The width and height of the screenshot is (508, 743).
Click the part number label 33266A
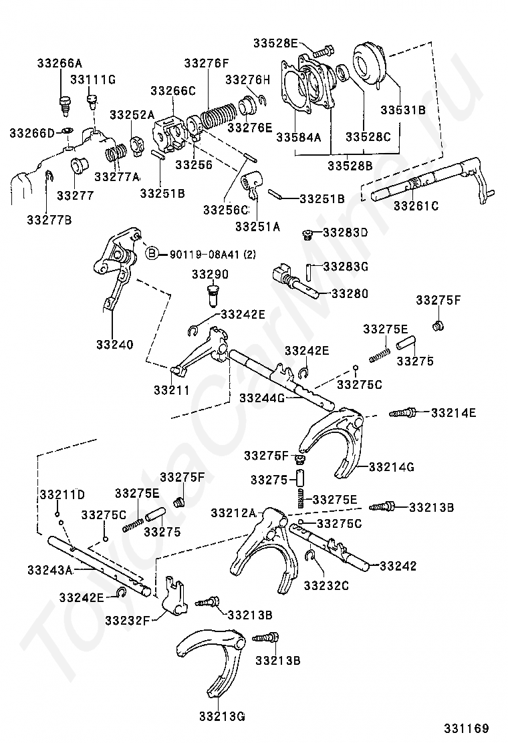click(x=59, y=63)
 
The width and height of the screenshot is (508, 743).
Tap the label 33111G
click(x=93, y=79)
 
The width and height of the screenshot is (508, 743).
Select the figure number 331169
click(x=466, y=728)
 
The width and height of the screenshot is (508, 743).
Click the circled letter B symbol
click(x=151, y=253)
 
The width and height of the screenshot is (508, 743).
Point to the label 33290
click(x=210, y=274)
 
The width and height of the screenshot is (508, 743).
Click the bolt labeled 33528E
click(x=324, y=49)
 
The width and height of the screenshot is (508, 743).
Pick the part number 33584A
click(x=299, y=137)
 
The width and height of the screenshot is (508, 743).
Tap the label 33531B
click(x=403, y=110)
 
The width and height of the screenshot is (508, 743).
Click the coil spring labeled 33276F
click(x=217, y=116)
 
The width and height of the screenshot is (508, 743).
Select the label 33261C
click(x=416, y=206)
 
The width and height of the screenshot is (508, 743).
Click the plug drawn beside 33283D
click(x=307, y=235)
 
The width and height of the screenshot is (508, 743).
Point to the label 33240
click(x=115, y=345)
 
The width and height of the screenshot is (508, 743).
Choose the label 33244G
click(x=261, y=398)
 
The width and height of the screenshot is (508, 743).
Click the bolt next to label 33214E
click(x=402, y=413)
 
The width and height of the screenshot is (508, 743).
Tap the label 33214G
click(x=392, y=467)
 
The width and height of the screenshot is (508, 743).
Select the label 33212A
click(x=234, y=512)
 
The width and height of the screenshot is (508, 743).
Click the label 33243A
click(x=49, y=569)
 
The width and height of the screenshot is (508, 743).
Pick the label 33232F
click(x=128, y=619)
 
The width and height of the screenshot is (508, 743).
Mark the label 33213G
click(x=222, y=716)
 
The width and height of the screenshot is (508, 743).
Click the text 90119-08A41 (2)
click(x=213, y=254)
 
